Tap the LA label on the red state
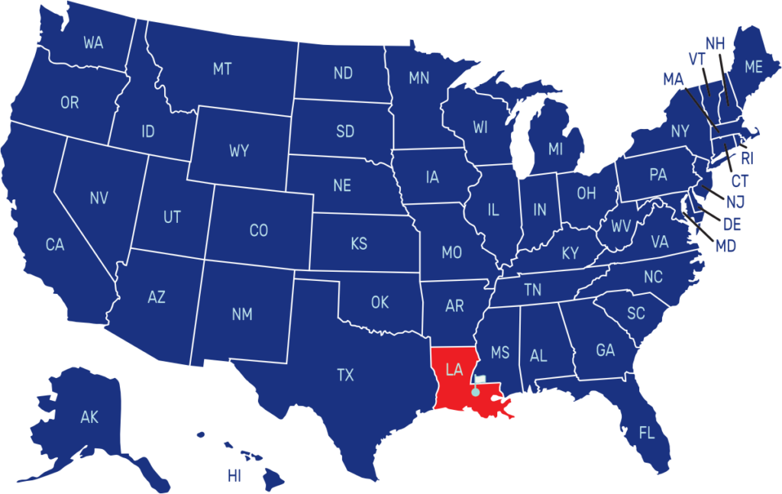coord(454,370)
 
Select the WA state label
coord(93,43)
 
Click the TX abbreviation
coord(345,375)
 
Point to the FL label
coord(646,434)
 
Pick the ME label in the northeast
coord(753,67)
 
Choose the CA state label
coord(54,245)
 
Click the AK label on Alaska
coord(89,417)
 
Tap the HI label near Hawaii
coord(234,476)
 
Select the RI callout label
coord(747,159)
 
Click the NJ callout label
coord(735,202)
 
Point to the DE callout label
coord(732,224)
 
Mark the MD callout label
coord(725,247)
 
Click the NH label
coord(715,44)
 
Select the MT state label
coord(221,69)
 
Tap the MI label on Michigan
coord(555,149)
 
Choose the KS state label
coord(358,244)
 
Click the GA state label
coord(605,350)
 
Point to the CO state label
coord(258,231)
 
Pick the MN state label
coord(418,78)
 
